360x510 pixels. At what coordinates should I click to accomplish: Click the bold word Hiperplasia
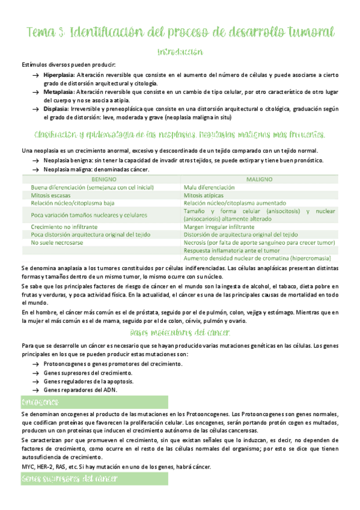point(58,75)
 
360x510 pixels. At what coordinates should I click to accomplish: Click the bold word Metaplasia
point(58,92)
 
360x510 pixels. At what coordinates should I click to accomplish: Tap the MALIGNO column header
point(259,179)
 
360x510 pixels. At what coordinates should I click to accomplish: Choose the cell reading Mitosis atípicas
point(207,195)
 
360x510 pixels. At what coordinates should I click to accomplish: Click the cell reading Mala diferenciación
point(211,188)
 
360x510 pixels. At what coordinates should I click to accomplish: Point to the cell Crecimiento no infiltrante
point(64,227)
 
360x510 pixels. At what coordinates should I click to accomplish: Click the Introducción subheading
point(179,52)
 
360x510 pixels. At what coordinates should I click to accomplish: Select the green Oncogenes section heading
point(39,401)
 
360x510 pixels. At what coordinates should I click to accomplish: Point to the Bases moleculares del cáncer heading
point(179,333)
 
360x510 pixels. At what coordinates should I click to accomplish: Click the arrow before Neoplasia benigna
point(36,161)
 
